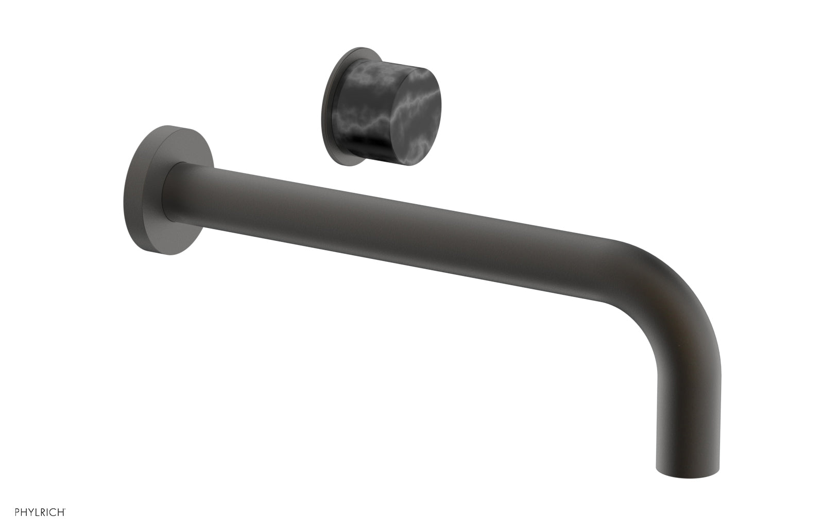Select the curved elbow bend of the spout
point(664,288)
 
